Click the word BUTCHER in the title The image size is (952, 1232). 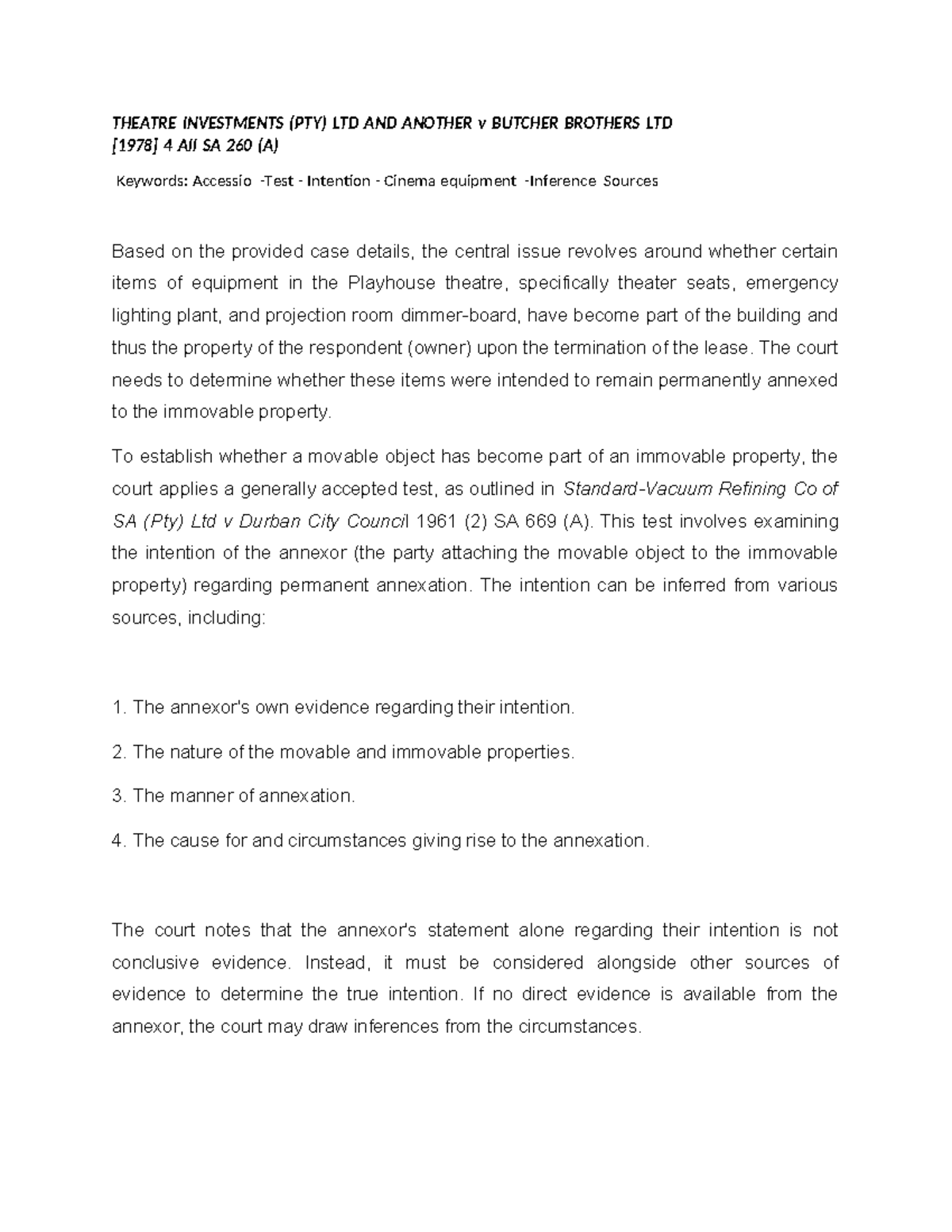pyautogui.click(x=525, y=124)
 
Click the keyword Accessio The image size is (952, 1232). pyautogui.click(x=223, y=182)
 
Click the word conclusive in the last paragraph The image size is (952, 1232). pyautogui.click(x=155, y=963)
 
